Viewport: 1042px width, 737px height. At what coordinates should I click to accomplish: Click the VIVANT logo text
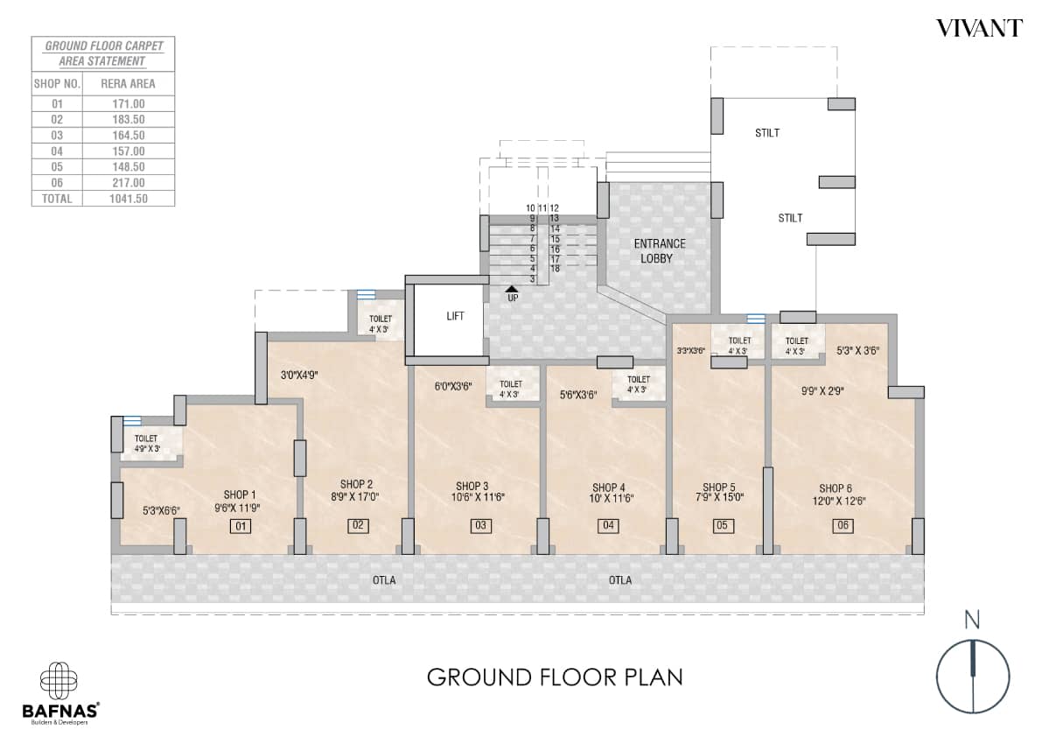[978, 29]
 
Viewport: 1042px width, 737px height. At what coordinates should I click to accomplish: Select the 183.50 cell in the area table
[129, 120]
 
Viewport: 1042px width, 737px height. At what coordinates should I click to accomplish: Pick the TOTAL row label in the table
[57, 199]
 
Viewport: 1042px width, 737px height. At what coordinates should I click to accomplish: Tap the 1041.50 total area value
[129, 199]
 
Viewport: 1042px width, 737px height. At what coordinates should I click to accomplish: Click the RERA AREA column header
[129, 84]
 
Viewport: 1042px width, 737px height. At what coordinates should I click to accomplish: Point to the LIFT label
[455, 316]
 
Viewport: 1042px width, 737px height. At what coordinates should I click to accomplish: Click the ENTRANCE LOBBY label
[659, 251]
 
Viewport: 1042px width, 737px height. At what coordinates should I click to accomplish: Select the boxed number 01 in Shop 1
[240, 526]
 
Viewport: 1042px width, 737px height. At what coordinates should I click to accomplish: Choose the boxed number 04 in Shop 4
[608, 526]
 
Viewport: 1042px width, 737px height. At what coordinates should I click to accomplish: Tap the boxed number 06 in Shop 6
[843, 526]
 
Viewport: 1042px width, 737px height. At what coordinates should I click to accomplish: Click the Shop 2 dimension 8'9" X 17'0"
[355, 496]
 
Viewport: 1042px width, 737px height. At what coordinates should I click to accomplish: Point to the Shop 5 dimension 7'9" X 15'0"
[719, 497]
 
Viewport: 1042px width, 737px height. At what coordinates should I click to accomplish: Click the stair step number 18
[555, 269]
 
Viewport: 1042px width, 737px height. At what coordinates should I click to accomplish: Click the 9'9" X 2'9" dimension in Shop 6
[822, 391]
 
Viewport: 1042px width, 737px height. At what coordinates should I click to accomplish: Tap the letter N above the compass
[972, 620]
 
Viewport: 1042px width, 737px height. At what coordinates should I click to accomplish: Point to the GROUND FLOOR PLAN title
[555, 677]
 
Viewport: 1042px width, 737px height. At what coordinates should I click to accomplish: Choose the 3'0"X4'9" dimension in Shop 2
[299, 376]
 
